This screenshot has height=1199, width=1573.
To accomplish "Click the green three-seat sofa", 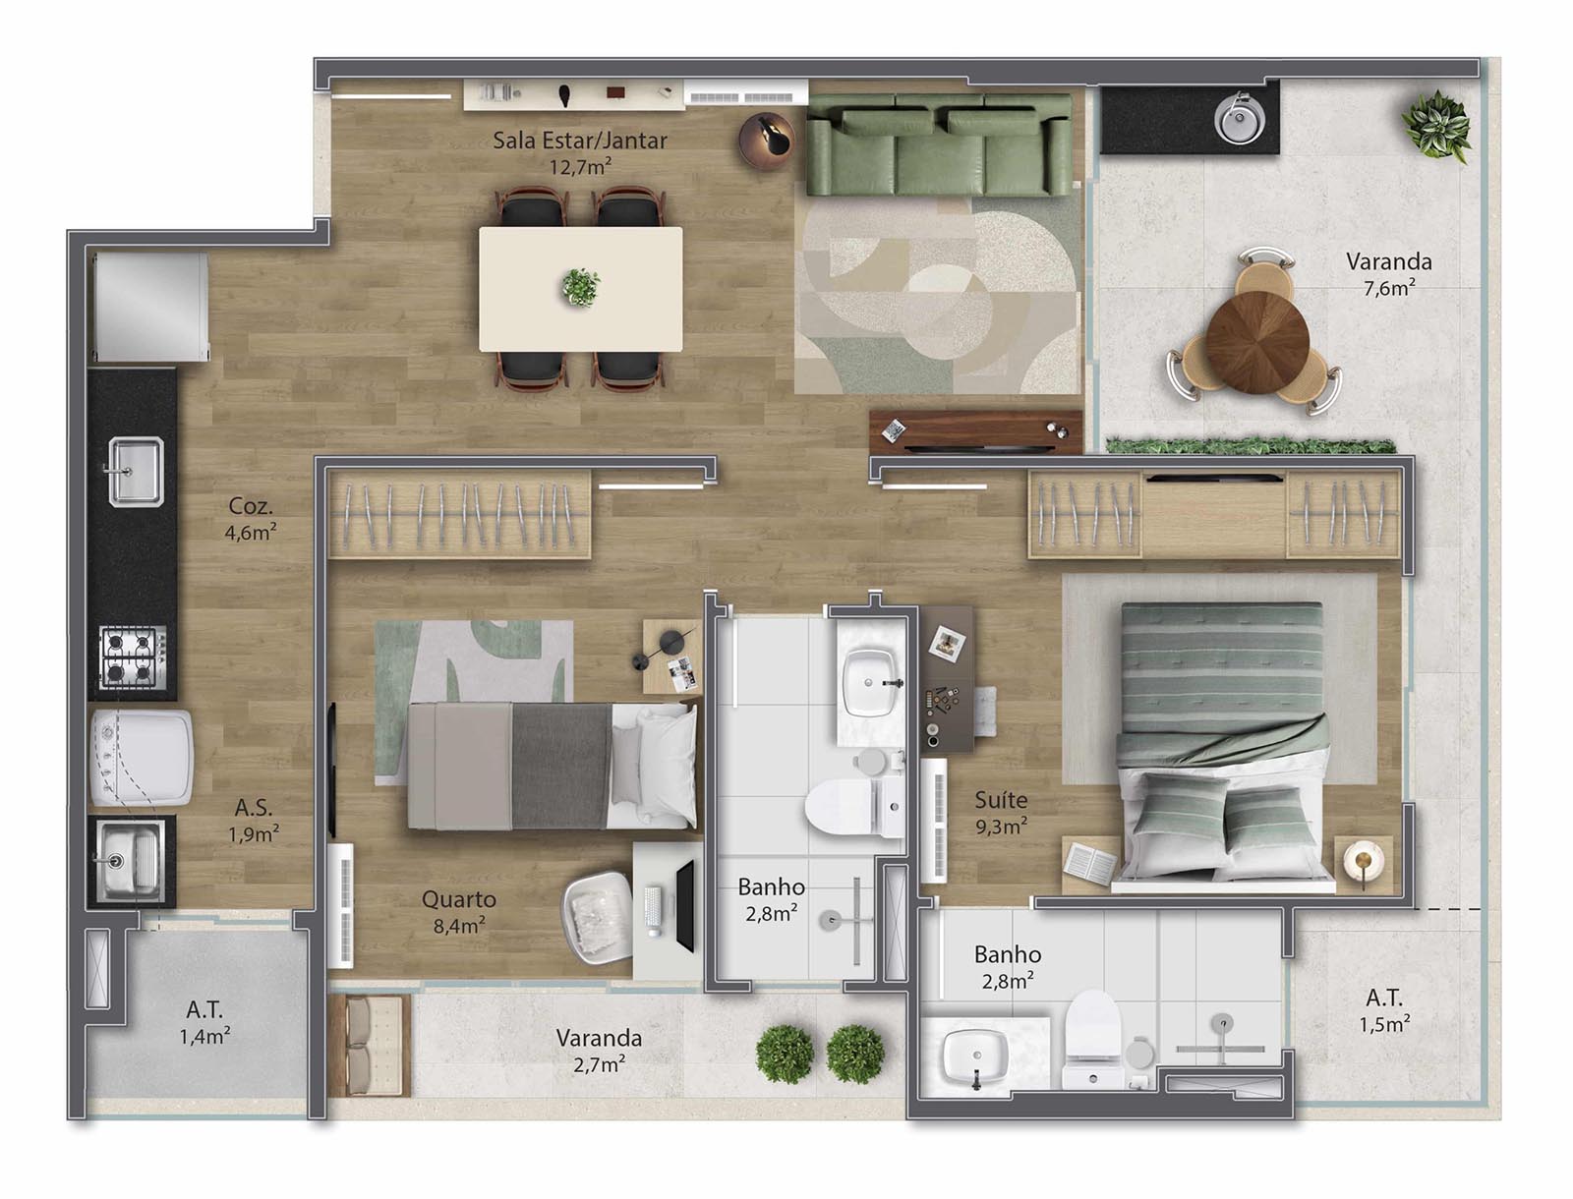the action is tap(939, 145).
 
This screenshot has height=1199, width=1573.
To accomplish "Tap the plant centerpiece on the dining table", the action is tap(580, 287).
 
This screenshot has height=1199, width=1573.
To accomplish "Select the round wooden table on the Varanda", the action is tap(1257, 342).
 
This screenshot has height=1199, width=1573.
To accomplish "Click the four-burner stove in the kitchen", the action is tap(133, 657).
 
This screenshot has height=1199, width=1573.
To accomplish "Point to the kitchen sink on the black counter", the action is tap(136, 471).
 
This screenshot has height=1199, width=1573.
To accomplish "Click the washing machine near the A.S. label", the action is tap(142, 758).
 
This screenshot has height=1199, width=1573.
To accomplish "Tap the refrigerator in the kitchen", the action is tap(149, 307).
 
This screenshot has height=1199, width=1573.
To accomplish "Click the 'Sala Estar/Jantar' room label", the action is tap(580, 141).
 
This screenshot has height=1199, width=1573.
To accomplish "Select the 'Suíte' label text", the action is tap(1001, 800).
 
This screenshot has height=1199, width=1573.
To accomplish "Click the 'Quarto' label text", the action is tap(459, 899).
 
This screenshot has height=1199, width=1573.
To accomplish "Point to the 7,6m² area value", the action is tap(1389, 288).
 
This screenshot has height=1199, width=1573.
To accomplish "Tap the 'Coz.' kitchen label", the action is tap(250, 506).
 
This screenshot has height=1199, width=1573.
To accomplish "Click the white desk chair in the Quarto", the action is tap(598, 917).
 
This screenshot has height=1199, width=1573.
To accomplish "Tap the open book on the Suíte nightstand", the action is tap(1089, 862).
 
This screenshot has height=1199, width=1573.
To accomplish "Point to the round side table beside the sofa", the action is tap(767, 141).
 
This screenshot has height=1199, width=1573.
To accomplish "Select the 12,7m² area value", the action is tap(580, 167).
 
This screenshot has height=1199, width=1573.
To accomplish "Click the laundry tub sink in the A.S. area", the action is tap(130, 860).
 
